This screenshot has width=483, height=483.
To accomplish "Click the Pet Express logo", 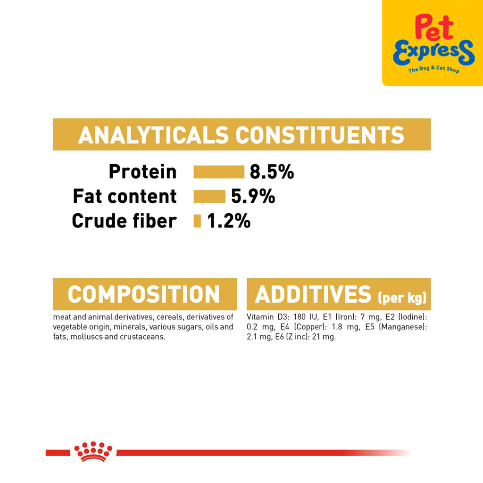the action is [433, 43].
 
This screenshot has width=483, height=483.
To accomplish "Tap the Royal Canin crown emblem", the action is [93, 451].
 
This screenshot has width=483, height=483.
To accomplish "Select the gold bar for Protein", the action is [219, 172].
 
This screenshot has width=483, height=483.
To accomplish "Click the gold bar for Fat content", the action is [209, 197].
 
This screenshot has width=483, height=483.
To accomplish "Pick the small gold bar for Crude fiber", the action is [197, 221].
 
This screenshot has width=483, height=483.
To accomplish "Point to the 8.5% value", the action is [272, 172].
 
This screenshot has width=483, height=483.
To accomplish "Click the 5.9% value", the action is [253, 197].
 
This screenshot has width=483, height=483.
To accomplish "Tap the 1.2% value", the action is [229, 221].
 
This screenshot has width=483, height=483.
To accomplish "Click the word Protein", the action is [142, 172].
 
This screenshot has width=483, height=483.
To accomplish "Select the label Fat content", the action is [125, 196].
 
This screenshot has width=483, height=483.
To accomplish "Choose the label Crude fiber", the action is [125, 221].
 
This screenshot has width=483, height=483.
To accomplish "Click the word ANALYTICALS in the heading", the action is [153, 135].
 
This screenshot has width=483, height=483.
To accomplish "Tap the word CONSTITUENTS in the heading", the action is [320, 135].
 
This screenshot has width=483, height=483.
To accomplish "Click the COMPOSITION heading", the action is [143, 294].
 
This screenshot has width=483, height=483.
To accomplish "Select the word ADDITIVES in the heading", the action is [313, 294].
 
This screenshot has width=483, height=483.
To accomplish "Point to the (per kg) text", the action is [402, 297].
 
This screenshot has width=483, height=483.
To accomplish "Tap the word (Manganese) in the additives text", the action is [403, 327].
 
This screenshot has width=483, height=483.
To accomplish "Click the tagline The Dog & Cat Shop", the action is [433, 69].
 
